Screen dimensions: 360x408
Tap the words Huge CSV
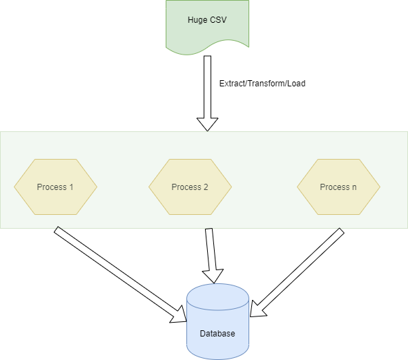[x=207, y=19]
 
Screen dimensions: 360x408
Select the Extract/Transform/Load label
[x=262, y=84]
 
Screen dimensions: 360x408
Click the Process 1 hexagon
[x=55, y=187]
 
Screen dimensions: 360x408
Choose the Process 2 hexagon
[x=190, y=187]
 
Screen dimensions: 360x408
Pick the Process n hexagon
[x=338, y=187]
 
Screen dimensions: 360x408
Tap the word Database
[x=217, y=334]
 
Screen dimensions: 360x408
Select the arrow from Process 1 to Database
[x=117, y=274]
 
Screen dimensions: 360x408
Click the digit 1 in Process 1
[x=71, y=187]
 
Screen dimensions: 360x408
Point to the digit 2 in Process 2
[x=206, y=187]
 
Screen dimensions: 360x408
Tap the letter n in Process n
[x=354, y=187]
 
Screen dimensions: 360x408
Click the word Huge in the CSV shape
[x=197, y=19]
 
